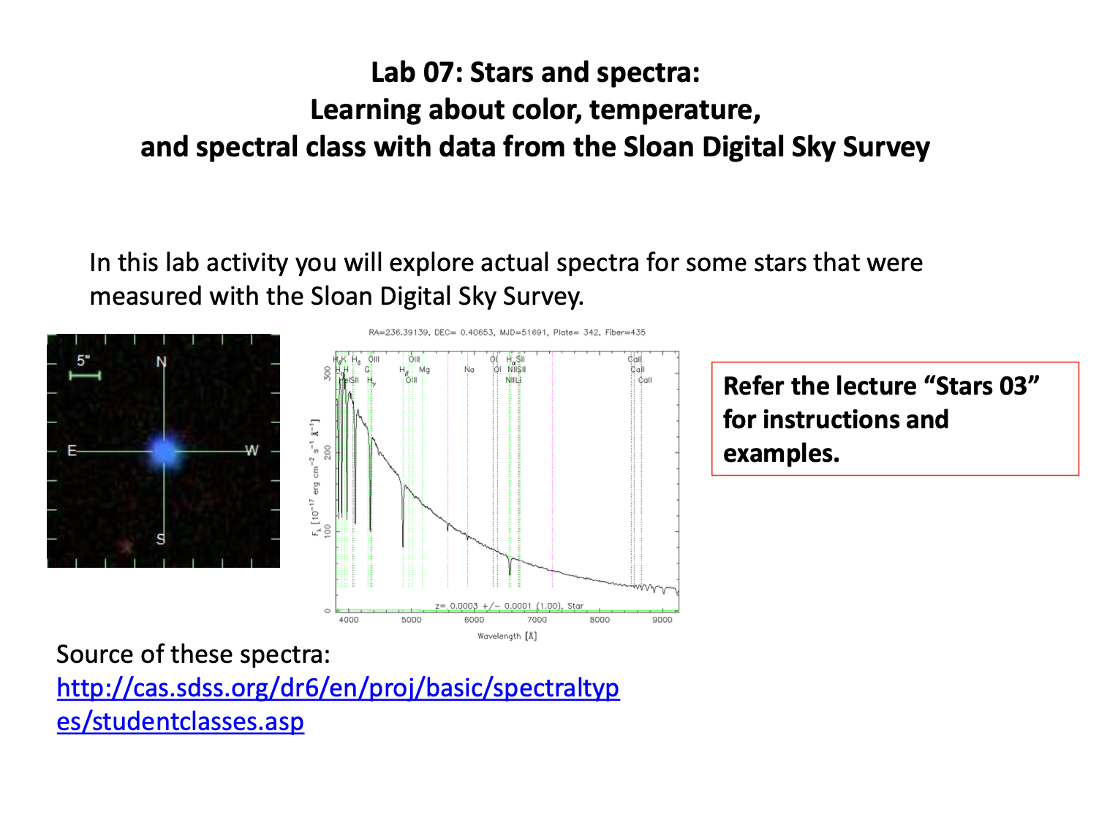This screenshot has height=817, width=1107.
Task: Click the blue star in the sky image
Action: click(165, 451)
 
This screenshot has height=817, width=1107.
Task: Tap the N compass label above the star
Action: click(162, 362)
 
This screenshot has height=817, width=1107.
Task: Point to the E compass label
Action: click(72, 450)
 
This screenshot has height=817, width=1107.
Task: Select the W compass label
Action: click(252, 450)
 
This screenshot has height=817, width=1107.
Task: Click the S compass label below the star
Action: click(161, 539)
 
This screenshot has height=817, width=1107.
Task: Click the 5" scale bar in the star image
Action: click(84, 376)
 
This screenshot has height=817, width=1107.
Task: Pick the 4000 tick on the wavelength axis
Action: click(350, 620)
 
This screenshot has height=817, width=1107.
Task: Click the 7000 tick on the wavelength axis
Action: click(537, 620)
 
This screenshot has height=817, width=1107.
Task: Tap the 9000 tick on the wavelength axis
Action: click(662, 620)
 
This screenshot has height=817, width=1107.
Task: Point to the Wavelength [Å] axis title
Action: click(507, 636)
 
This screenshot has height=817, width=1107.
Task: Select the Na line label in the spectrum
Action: click(469, 370)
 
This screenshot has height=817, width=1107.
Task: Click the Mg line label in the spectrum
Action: click(424, 370)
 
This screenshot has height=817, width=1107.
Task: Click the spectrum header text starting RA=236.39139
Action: click(507, 332)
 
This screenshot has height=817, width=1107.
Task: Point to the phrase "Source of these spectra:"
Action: click(193, 654)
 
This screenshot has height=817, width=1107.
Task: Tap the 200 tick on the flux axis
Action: click(328, 452)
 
